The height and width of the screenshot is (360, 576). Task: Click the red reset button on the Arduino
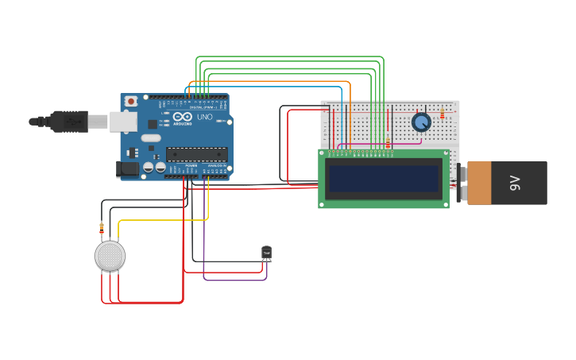[x=131, y=101]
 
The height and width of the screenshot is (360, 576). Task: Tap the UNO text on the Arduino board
[x=204, y=117]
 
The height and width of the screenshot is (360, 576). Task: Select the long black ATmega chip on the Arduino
[x=196, y=154]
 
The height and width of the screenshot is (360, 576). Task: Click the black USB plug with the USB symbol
[x=70, y=121]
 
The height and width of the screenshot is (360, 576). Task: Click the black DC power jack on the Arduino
[x=126, y=168]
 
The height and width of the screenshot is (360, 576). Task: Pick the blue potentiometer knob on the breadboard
[x=421, y=122]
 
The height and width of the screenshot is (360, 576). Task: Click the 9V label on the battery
[x=515, y=183]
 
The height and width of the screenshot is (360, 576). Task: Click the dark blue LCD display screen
[x=384, y=178]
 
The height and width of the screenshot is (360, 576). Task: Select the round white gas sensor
[x=110, y=256]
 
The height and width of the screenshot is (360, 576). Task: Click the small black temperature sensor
[x=266, y=252]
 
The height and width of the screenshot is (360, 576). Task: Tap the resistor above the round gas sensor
[x=102, y=228]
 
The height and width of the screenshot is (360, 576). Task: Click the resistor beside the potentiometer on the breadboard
[x=442, y=114]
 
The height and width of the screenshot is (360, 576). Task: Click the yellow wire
[x=163, y=219]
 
